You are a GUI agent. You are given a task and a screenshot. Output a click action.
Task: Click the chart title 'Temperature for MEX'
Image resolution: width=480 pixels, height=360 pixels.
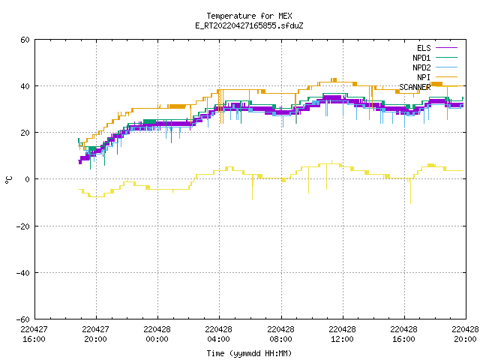pos(249,16)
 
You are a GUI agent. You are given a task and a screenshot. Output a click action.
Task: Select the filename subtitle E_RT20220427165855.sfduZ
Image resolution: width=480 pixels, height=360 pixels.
pos(249,25)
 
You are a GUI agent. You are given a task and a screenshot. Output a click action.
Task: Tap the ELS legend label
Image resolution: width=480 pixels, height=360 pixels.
pos(424,48)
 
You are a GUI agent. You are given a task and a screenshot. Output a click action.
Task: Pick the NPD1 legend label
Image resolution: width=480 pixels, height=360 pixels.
pos(421,58)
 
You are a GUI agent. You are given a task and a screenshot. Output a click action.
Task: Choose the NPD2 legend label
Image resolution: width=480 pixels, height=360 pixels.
pos(421,67)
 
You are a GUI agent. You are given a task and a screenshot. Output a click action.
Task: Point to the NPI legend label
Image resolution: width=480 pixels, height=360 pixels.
pos(424,77)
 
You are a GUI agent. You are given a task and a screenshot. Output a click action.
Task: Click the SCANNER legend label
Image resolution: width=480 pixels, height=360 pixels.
pos(415,87)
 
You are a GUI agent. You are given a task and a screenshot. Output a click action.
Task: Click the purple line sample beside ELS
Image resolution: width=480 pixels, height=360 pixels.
pos(446,48)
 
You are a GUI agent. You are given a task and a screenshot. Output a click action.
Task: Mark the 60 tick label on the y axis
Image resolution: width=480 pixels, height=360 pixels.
pos(25,40)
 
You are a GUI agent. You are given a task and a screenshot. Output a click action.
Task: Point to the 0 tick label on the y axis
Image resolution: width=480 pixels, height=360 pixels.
pos(28,179)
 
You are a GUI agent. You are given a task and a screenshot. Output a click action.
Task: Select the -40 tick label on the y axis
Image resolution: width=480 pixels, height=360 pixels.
pos(23,273)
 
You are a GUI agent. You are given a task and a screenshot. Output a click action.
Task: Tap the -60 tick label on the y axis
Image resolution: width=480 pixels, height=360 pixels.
pos(23,319)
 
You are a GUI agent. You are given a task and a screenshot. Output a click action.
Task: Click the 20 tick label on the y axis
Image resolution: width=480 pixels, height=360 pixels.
pos(25,133)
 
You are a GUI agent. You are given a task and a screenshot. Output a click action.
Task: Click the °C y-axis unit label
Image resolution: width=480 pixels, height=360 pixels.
pos(8,180)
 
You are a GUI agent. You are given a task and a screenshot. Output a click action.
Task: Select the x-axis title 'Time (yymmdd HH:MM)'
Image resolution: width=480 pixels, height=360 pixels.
pos(249,353)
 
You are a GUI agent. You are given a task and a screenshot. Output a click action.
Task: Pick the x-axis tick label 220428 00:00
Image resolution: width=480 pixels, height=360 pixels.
pos(157,334)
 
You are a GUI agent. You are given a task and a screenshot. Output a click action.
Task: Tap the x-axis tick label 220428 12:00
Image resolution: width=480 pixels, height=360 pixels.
pos(342,334)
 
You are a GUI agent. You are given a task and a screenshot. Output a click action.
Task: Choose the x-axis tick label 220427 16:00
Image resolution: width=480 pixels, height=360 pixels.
pos(34,334)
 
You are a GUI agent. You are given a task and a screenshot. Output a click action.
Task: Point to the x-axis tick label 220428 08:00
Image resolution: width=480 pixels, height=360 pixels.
pos(280,334)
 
